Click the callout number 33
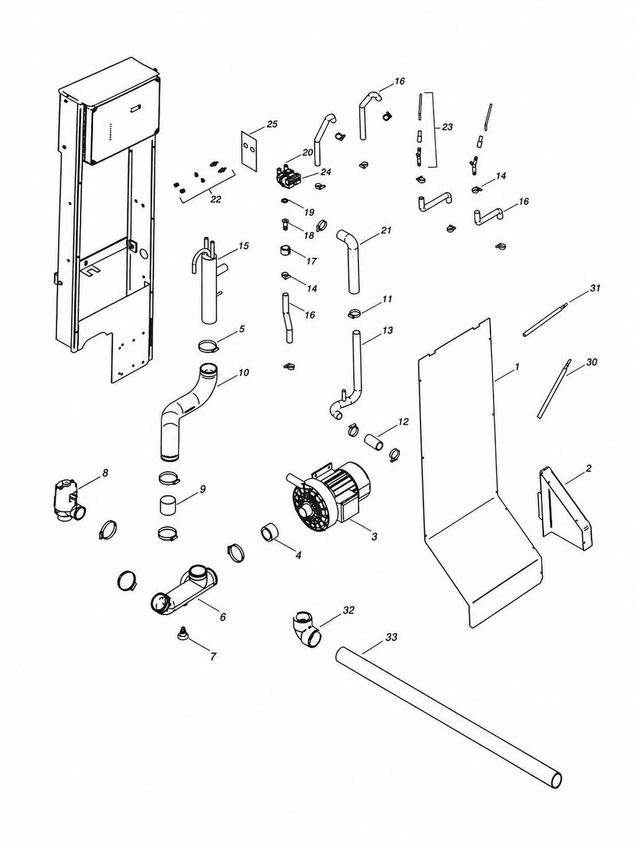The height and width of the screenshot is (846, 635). pos(391,637)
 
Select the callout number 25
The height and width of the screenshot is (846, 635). pos(272,124)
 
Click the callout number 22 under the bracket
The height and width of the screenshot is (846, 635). pos(215,200)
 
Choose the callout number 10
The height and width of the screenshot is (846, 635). pos(243,372)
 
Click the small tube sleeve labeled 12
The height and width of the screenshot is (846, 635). pos(374,441)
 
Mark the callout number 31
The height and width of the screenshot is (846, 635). pos(595,288)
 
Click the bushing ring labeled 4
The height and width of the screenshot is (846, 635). pos(269,533)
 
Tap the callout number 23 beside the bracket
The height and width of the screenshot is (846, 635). pos(447,127)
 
